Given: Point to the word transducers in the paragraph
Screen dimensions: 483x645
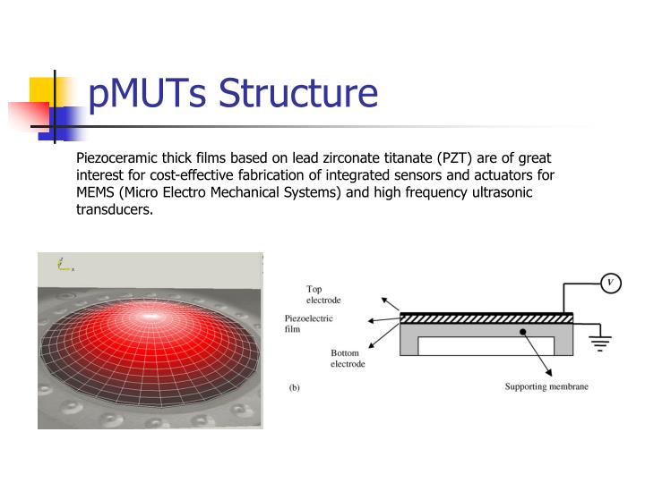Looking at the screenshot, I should pyautogui.click(x=116, y=211).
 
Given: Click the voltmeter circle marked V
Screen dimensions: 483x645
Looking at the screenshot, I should pyautogui.click(x=610, y=284).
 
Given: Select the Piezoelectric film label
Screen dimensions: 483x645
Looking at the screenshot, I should pyautogui.click(x=309, y=323).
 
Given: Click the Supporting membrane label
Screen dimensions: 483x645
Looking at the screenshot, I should pyautogui.click(x=546, y=387).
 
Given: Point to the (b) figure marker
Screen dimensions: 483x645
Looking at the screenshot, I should pyautogui.click(x=294, y=388).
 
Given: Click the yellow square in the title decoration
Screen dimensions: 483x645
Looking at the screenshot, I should pyautogui.click(x=41, y=90).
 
